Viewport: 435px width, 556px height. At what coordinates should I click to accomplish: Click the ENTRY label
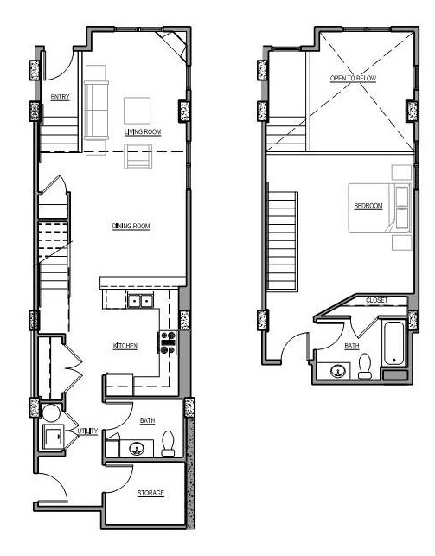click(61, 97)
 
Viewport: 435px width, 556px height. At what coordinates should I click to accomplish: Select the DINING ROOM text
click(131, 227)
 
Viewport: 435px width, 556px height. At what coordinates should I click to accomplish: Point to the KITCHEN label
click(125, 346)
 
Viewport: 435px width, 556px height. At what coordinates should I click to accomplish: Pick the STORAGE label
click(150, 493)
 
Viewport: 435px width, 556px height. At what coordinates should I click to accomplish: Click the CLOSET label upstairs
click(376, 300)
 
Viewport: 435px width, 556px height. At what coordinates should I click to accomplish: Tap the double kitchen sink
click(140, 301)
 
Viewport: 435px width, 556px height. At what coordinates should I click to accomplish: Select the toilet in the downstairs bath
click(169, 443)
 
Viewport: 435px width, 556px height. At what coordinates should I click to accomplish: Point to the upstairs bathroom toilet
click(365, 367)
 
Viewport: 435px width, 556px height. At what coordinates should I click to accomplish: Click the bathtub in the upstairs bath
click(394, 346)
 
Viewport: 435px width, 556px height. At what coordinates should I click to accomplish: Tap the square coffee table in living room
click(138, 111)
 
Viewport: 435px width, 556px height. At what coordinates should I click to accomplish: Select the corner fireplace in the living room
click(178, 44)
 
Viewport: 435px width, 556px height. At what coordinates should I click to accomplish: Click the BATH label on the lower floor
click(148, 421)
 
